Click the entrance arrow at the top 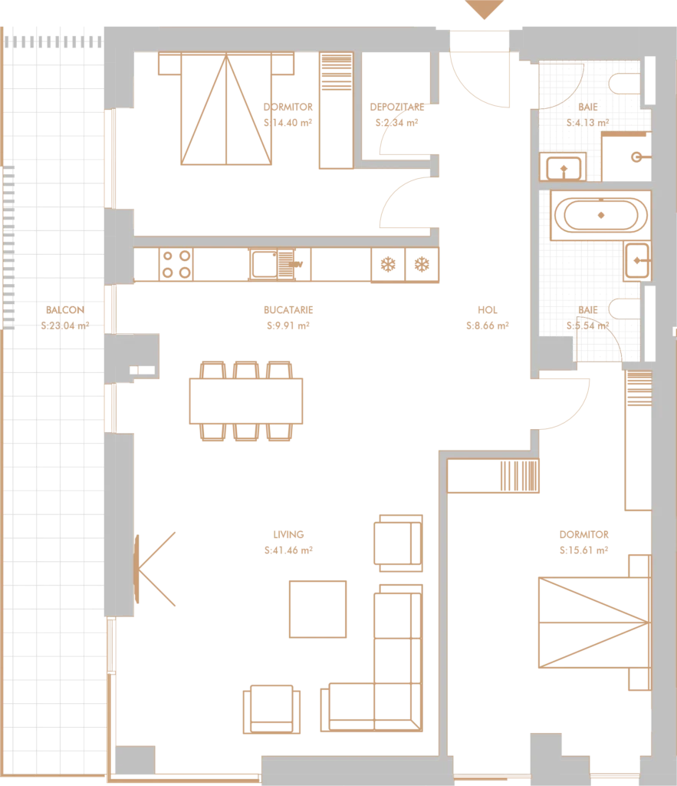[484, 8]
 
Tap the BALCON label [65, 310]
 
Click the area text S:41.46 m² [288, 550]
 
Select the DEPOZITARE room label [397, 107]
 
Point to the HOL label [487, 310]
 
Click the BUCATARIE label [288, 310]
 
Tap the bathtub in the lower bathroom [601, 215]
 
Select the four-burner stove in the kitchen [176, 264]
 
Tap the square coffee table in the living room [317, 609]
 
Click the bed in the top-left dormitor [226, 108]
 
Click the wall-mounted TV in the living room [136, 569]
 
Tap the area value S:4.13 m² [588, 122]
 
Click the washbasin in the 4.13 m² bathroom [564, 167]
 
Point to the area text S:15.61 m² [584, 550]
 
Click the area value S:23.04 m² [65, 325]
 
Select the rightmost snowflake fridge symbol [422, 264]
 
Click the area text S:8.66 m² [487, 325]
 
